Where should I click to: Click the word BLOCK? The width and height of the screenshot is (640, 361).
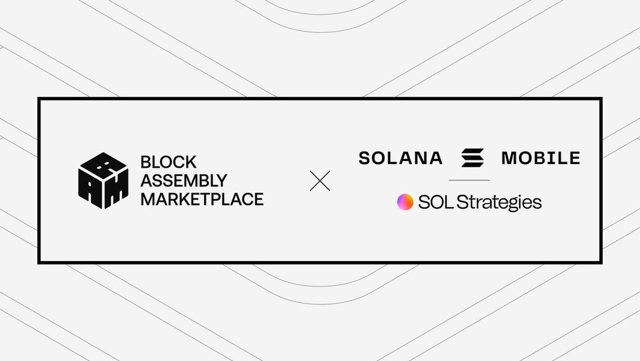point(168,162)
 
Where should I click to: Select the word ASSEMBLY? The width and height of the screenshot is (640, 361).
point(184,180)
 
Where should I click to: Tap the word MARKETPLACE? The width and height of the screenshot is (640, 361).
point(202,199)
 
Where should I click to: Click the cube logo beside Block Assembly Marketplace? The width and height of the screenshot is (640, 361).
point(104,181)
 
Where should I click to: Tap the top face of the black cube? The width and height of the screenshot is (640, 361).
point(104,165)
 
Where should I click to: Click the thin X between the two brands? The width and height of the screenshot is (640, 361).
point(320,181)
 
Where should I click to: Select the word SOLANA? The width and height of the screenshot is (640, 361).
point(401,158)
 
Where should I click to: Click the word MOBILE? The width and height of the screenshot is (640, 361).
point(541,158)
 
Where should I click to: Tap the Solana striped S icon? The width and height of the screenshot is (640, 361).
point(473,158)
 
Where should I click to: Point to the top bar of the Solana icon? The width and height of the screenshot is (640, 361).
point(473,151)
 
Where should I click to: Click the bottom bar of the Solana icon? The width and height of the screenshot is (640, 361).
point(473,165)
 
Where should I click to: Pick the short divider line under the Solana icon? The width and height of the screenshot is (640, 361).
point(469,180)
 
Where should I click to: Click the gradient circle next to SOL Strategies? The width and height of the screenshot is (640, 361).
point(405,202)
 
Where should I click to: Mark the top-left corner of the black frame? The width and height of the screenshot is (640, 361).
point(38,98)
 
